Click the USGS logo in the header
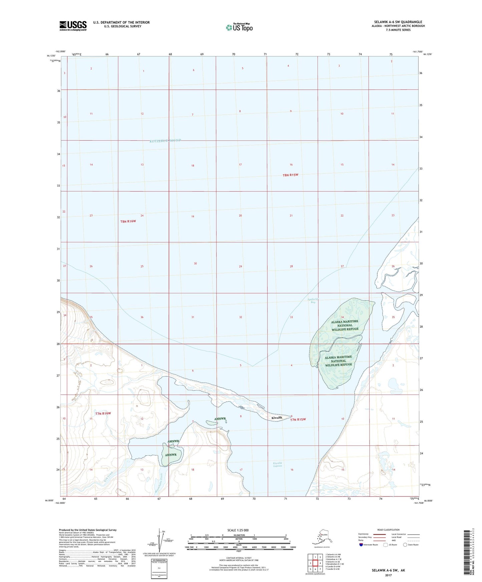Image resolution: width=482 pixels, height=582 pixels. tap(73, 26)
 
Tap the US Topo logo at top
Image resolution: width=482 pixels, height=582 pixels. tap(239, 27)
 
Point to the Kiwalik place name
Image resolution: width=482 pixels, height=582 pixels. tap(277, 418)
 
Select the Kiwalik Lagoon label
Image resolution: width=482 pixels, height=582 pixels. tap(278, 464)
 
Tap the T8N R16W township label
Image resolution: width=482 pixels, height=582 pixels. tap(128, 221)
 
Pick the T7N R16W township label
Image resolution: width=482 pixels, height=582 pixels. tap(103, 413)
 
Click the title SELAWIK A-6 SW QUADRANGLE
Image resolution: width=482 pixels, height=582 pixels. tap(398, 22)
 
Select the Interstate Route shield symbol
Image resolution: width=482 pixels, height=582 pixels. tap(361, 545)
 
